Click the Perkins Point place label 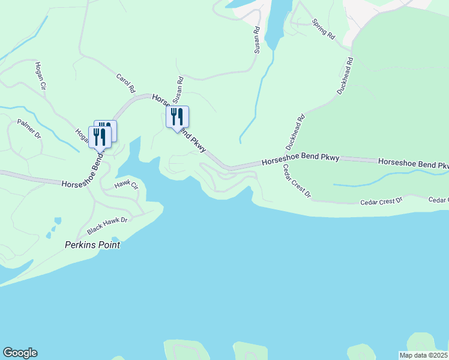(x=92, y=245)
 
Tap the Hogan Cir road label (x=41, y=76)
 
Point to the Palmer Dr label (x=29, y=128)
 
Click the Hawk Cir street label (x=126, y=186)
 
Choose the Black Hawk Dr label (x=107, y=226)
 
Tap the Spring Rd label (x=323, y=28)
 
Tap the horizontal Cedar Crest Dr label (x=381, y=201)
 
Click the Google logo (x=20, y=353)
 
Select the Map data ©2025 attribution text (x=423, y=355)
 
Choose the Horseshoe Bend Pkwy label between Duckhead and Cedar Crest (x=301, y=160)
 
